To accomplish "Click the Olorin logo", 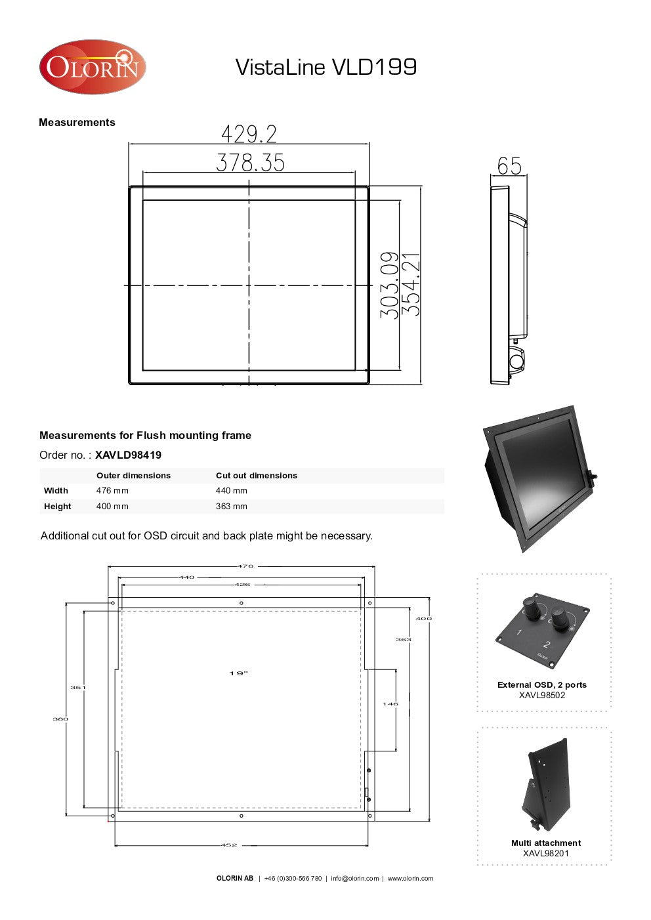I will pos(92,67).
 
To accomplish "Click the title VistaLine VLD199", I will pos(325,67).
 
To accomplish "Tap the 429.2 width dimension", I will pos(249,134).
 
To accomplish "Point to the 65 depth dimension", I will pos(509,166).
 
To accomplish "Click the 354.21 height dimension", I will pos(411,285).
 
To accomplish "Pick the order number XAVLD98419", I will pos(128,455).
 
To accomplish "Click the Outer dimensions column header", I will pos(133,476).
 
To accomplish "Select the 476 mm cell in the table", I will pos(112,491).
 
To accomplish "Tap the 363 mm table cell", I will pos(231,507).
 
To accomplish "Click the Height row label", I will pos(57,507).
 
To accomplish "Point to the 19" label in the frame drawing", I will pos(239,673).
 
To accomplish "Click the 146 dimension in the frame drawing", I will pos(390,704).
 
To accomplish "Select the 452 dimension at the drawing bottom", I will pos(228,845).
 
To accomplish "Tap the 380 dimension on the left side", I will pos(60,719).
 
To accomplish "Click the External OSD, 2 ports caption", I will pos(542,685).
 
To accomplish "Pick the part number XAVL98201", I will pos(545,854).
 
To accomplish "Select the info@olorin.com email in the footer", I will pos(354,879).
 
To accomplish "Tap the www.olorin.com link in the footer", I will pos(410,879).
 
